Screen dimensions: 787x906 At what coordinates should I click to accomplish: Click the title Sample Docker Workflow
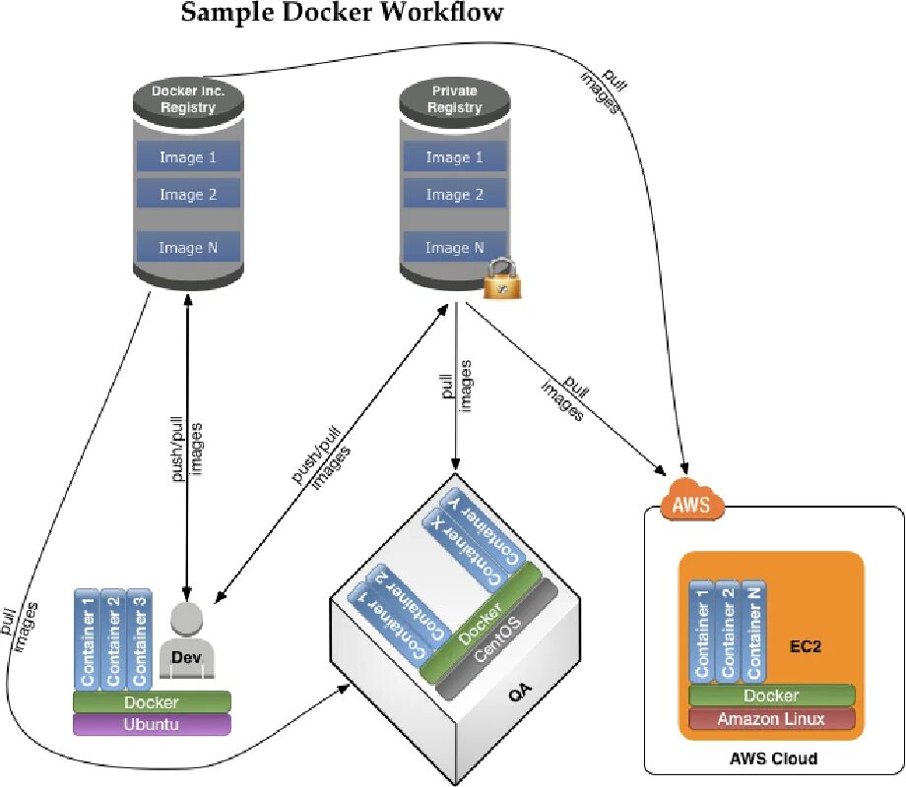click(343, 13)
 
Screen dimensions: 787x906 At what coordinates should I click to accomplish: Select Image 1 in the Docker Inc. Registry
click(188, 156)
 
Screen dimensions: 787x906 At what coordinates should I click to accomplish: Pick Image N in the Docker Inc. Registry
click(188, 248)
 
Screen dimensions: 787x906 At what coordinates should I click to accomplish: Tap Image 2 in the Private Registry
click(454, 195)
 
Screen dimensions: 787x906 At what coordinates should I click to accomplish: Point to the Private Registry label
click(454, 98)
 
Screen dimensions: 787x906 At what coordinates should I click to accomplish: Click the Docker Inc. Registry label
click(188, 99)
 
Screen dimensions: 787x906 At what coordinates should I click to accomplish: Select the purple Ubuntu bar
click(152, 725)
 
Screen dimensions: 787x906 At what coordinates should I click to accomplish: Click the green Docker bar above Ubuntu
click(152, 701)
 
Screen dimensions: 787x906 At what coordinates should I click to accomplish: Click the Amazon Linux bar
click(771, 718)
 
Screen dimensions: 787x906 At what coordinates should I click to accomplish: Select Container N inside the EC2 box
click(753, 630)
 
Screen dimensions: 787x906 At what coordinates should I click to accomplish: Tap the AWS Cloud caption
click(773, 758)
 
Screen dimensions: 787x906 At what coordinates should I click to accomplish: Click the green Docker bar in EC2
click(771, 696)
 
